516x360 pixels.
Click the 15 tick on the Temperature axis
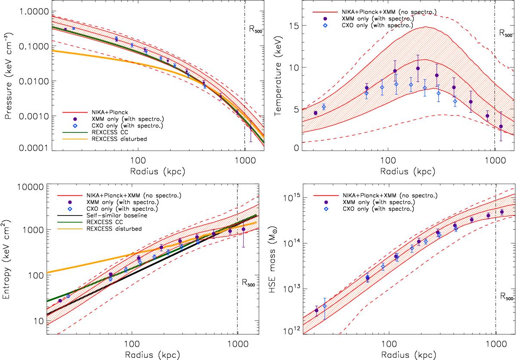[x=294, y=26]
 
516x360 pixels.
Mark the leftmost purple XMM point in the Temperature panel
[x=316, y=113]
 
